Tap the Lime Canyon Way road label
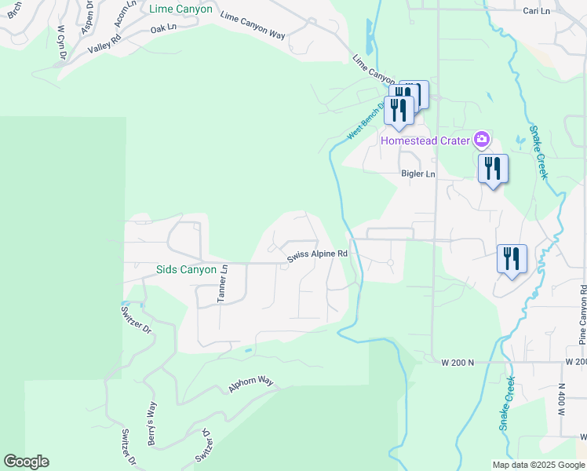(x=253, y=24)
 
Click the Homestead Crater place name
(x=425, y=141)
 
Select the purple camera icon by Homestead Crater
(x=482, y=141)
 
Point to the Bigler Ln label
(x=417, y=173)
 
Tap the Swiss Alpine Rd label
(x=317, y=254)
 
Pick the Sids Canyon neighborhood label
(x=186, y=269)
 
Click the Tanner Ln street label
(x=222, y=283)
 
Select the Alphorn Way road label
(x=250, y=384)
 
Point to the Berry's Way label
(x=151, y=423)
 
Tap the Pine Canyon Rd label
(x=582, y=315)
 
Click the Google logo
(x=26, y=462)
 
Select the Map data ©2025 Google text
(x=538, y=465)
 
